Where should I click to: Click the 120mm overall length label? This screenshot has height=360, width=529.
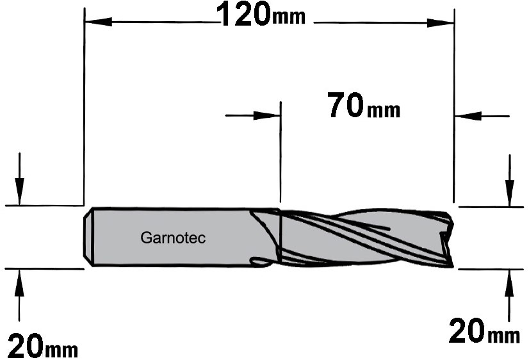click(x=261, y=15)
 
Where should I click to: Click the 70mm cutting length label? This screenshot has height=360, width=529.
click(x=364, y=106)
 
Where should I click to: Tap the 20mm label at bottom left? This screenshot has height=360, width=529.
click(x=42, y=345)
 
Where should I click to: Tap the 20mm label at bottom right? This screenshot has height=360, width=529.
click(x=484, y=331)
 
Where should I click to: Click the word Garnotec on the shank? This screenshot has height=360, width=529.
click(x=173, y=238)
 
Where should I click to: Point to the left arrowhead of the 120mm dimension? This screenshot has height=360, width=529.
click(x=98, y=22)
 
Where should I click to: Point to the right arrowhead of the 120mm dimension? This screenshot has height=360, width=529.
click(x=440, y=23)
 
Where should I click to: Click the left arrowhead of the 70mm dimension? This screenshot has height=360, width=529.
click(x=267, y=115)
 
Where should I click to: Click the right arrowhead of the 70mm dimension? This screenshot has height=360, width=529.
click(x=468, y=116)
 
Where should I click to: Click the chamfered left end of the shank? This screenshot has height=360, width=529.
click(x=88, y=237)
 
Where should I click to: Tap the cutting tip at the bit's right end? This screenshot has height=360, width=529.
click(x=447, y=240)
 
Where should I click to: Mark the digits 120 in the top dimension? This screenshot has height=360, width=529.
click(x=243, y=15)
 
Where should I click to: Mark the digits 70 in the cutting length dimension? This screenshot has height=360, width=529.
click(x=345, y=105)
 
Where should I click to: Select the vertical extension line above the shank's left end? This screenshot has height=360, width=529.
click(x=84, y=106)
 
